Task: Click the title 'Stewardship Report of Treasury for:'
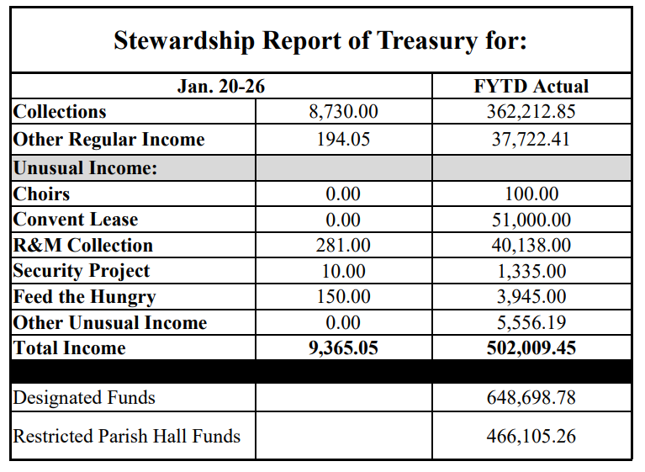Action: tap(320, 41)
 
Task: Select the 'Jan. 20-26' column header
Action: tap(221, 86)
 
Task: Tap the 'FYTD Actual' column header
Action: tap(531, 86)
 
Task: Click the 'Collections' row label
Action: tap(60, 112)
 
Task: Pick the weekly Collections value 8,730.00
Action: tap(343, 112)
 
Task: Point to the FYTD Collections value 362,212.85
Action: tap(531, 112)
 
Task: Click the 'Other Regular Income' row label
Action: tap(108, 139)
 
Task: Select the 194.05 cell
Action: tap(343, 139)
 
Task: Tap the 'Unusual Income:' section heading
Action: tap(85, 167)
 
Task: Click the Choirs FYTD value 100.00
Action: tap(531, 194)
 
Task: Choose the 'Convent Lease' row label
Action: tap(76, 220)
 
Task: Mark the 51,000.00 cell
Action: tap(531, 220)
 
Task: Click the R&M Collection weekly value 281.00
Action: tap(343, 246)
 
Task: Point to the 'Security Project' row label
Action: tap(82, 271)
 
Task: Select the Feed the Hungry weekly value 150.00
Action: tap(343, 297)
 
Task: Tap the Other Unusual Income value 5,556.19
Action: tap(531, 322)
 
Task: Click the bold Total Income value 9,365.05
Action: tap(343, 347)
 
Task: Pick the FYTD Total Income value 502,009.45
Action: tap(531, 347)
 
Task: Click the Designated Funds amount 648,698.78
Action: tap(531, 397)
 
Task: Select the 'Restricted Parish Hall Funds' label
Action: tap(127, 436)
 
